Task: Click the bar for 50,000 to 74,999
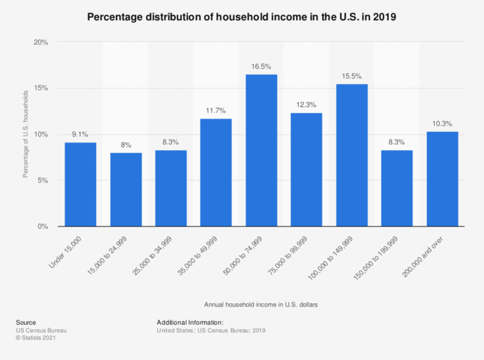click(x=261, y=150)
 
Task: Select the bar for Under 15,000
click(x=80, y=184)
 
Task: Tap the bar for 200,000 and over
click(x=442, y=179)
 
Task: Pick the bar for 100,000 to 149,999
click(x=351, y=155)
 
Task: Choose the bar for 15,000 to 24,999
click(x=126, y=189)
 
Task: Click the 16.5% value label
click(x=261, y=67)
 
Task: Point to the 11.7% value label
click(x=216, y=111)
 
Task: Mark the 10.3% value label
click(x=442, y=124)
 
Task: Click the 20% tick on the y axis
click(x=41, y=42)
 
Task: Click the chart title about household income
click(x=242, y=16)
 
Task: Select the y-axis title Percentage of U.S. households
click(x=25, y=133)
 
